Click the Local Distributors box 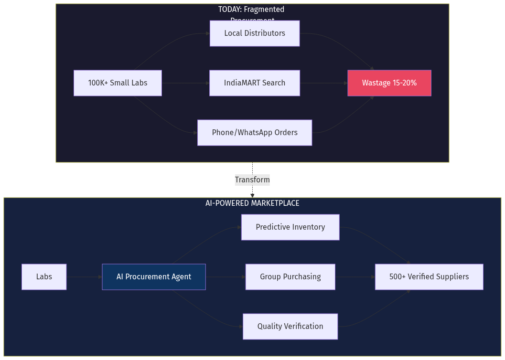point(254,33)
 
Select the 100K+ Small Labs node point(118,83)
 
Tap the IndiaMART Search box point(254,83)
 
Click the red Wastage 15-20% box point(389,83)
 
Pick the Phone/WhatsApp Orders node point(254,133)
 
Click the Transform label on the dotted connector point(252,180)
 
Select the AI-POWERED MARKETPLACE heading point(252,203)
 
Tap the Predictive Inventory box point(290,227)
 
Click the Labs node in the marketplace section point(44,277)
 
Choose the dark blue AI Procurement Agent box point(153,277)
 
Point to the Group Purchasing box point(290,277)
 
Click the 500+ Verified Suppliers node point(429,277)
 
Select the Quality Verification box point(290,327)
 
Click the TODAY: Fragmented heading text point(251,10)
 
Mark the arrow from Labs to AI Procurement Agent point(84,277)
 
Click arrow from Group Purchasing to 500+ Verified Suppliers point(355,277)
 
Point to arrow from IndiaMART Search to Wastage point(323,83)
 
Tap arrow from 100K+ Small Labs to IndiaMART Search point(185,83)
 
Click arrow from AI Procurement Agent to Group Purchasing point(226,277)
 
